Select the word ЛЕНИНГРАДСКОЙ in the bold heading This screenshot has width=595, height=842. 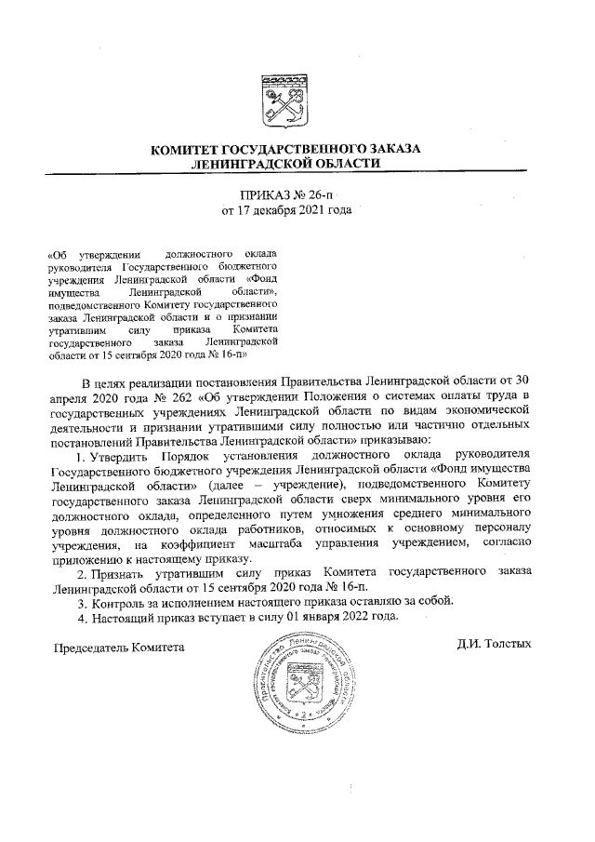[245, 163]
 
